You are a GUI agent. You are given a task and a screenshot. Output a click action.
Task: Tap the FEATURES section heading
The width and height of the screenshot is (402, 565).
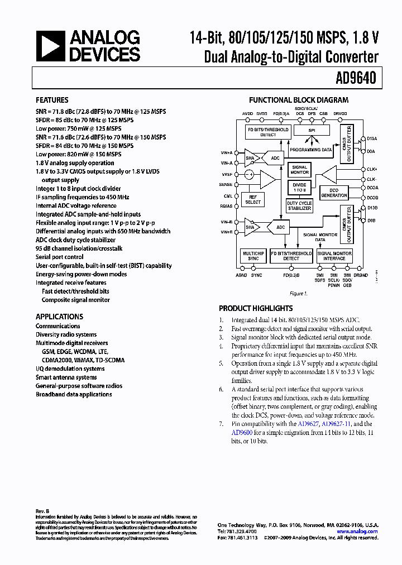(x=52, y=100)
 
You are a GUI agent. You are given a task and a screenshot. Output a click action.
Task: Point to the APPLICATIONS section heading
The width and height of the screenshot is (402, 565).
(x=59, y=316)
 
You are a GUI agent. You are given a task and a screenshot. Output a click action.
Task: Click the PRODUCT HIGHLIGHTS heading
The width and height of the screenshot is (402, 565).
(x=256, y=308)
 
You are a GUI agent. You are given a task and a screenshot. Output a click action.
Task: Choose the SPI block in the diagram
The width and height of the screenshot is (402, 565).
(x=312, y=131)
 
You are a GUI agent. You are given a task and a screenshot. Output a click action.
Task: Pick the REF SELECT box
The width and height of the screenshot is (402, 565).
(x=253, y=200)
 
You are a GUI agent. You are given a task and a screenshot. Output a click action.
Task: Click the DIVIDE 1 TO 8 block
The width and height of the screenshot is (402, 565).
(x=300, y=188)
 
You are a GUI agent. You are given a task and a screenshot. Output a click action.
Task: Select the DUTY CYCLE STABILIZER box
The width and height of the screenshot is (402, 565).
(x=300, y=206)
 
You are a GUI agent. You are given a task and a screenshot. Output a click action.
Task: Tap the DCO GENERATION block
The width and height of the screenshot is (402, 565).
(x=334, y=193)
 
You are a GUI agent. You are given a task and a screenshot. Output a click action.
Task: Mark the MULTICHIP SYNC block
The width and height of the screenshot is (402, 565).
(x=253, y=256)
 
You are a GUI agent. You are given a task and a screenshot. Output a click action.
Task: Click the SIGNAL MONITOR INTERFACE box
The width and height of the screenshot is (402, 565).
(x=334, y=256)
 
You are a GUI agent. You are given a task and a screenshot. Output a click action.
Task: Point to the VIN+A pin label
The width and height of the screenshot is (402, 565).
(x=226, y=152)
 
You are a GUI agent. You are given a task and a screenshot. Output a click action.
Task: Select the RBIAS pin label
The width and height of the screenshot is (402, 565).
(x=226, y=205)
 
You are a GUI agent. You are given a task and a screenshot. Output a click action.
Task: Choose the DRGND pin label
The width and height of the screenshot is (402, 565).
(x=361, y=275)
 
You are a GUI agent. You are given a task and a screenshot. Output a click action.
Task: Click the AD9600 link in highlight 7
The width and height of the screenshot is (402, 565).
(x=242, y=432)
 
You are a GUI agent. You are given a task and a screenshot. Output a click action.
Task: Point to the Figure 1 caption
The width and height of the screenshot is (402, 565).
(x=297, y=293)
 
